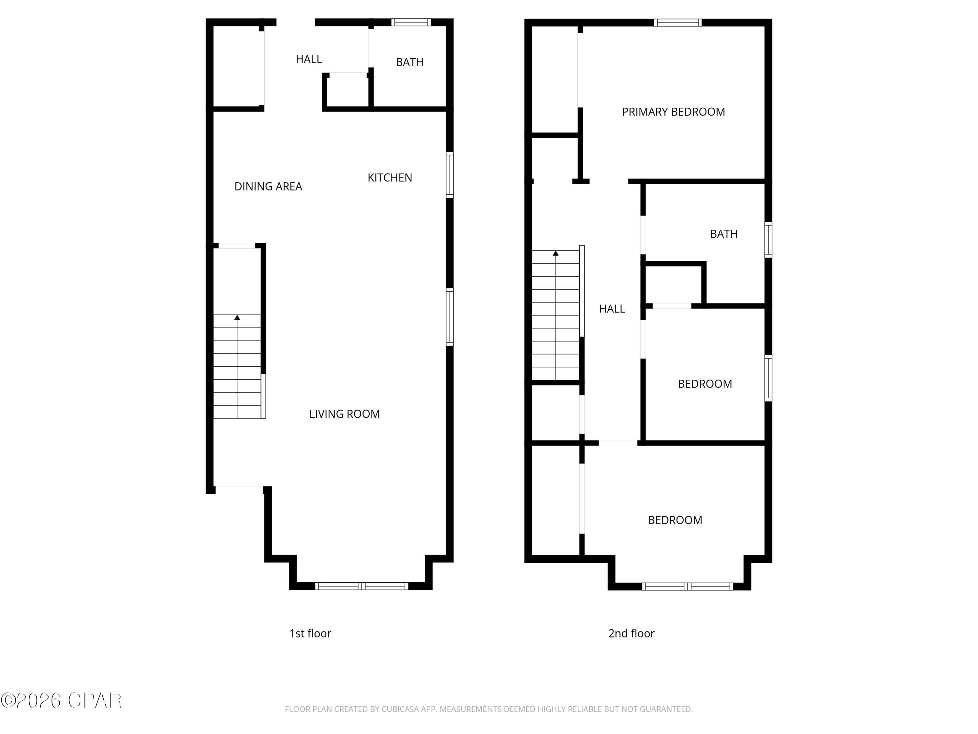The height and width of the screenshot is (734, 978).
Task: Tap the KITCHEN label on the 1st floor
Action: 390,177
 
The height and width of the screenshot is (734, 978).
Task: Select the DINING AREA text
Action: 268,187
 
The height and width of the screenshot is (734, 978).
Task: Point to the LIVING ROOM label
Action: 344,414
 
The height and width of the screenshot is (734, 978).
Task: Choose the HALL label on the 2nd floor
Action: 612,309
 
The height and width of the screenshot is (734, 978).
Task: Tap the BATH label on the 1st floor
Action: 409,62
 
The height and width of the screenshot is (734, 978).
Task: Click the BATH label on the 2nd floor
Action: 723,234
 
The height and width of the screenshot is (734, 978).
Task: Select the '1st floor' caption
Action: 310,634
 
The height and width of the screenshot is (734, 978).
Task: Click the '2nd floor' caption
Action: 631,634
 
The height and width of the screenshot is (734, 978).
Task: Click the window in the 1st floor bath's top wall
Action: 411,22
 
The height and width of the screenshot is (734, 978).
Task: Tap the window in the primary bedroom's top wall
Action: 677,23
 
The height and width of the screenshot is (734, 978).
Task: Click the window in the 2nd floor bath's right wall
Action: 768,239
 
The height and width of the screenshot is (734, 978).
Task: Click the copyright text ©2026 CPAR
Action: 61,700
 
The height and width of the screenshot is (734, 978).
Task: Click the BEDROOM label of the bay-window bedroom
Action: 675,520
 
